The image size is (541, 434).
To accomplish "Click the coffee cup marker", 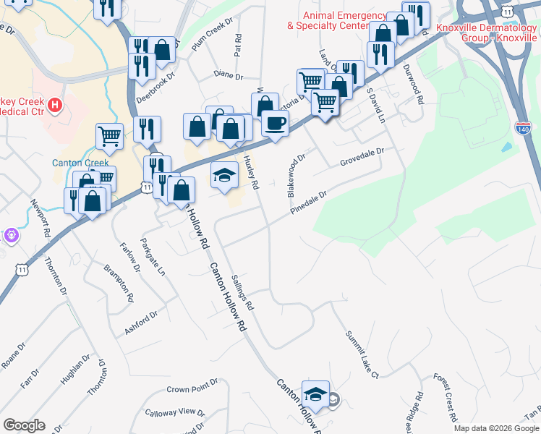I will (x=275, y=123).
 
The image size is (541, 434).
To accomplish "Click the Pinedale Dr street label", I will (x=310, y=202).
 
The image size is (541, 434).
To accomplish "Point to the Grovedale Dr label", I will (x=361, y=158).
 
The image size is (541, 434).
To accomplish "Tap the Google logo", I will (x=24, y=425).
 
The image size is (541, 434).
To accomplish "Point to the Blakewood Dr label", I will (x=297, y=175).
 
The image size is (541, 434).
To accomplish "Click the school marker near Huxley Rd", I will (x=224, y=174).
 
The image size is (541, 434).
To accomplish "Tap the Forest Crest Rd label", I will (x=446, y=398).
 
